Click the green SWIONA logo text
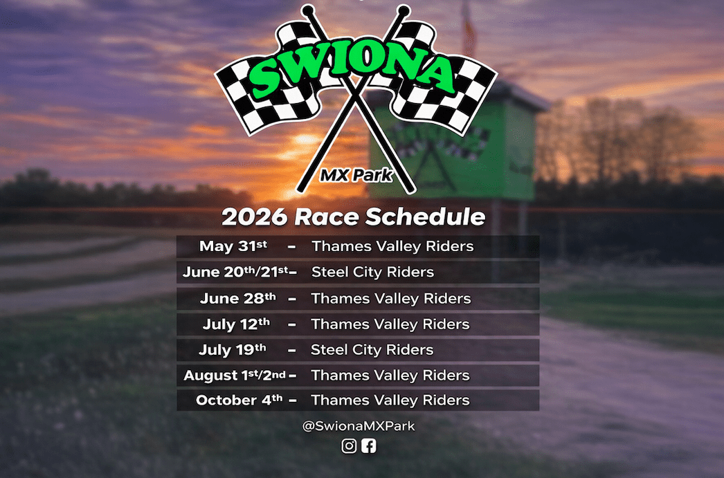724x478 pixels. tap(354, 69)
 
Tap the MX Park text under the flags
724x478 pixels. tap(356, 175)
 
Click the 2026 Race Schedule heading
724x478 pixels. tap(354, 217)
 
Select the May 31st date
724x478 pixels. tap(233, 246)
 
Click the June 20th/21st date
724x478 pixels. tap(235, 272)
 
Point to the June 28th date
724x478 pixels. tap(238, 298)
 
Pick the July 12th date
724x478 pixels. tap(236, 324)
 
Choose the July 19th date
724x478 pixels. tap(233, 349)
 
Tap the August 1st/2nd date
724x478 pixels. tap(235, 375)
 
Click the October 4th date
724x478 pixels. tap(239, 400)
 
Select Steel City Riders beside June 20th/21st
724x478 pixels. tap(372, 272)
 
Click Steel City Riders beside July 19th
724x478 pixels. tap(372, 349)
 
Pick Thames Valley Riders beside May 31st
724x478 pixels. tap(392, 246)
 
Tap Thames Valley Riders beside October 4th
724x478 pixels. tap(390, 400)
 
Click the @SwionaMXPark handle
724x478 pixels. tap(359, 425)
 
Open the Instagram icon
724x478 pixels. tap(349, 445)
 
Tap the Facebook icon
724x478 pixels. tap(368, 445)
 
